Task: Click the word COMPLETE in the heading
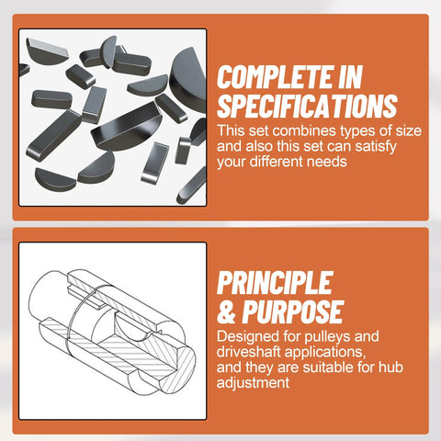click(x=276, y=77)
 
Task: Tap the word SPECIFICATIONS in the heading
click(x=307, y=106)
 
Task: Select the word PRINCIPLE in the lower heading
click(x=275, y=283)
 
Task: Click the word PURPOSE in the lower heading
click(x=293, y=311)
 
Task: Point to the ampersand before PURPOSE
click(x=226, y=311)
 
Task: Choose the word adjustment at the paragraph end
click(x=253, y=383)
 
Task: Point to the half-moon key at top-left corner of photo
click(x=46, y=51)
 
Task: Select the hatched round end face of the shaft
click(x=178, y=371)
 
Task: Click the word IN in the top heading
click(x=351, y=77)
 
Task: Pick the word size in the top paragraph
click(x=409, y=131)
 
